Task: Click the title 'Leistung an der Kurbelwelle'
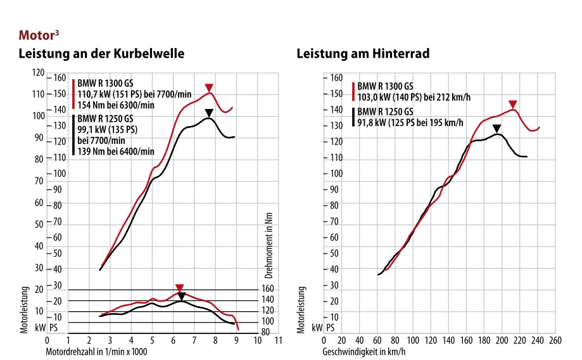101,54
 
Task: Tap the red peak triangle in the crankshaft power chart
209,87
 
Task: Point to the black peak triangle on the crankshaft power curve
209,113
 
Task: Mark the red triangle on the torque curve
179,288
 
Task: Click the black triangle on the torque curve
182,296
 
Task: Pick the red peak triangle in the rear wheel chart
513,104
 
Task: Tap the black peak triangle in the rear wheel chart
497,128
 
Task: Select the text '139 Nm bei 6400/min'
116,151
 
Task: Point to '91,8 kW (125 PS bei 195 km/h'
410,123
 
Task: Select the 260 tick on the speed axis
555,340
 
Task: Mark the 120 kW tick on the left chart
39,72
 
